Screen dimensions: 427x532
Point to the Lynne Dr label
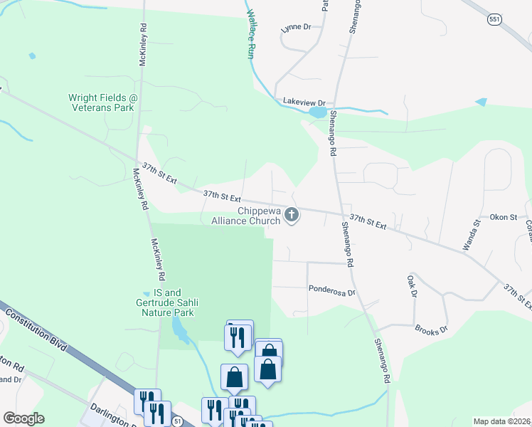(297, 27)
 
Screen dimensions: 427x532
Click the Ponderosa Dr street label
(331, 290)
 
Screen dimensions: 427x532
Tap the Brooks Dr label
(432, 330)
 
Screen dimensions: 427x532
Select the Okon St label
(504, 217)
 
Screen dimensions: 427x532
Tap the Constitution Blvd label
(36, 329)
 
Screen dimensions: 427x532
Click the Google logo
(23, 418)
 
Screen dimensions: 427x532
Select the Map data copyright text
(502, 421)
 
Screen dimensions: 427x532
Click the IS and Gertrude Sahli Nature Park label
(168, 302)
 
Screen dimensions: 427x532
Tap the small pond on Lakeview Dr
(317, 112)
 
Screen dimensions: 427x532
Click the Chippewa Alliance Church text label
(246, 216)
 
